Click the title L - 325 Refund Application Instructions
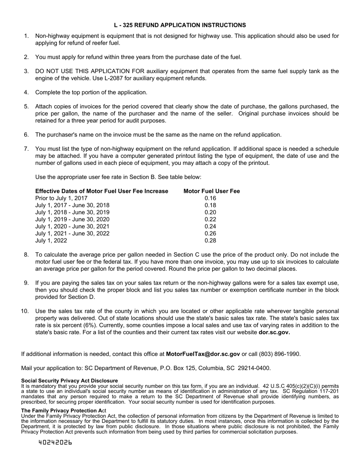[180, 25]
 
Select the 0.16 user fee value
[210, 198]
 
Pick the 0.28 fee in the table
[210, 241]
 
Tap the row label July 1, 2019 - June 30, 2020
[72, 219]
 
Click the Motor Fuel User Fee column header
[211, 191]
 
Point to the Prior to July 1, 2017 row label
[61, 198]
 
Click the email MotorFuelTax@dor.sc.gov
[203, 354]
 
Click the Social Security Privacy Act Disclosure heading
[69, 380]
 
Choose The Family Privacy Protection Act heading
[63, 410]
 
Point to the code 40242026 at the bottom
[55, 442]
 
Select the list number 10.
[25, 311]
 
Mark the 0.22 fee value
[210, 219]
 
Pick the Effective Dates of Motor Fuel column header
[102, 191]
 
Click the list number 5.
[26, 106]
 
